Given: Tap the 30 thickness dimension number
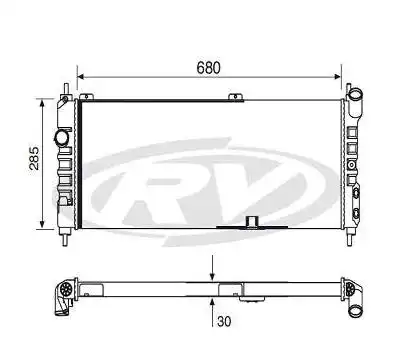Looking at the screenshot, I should [x=225, y=323].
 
